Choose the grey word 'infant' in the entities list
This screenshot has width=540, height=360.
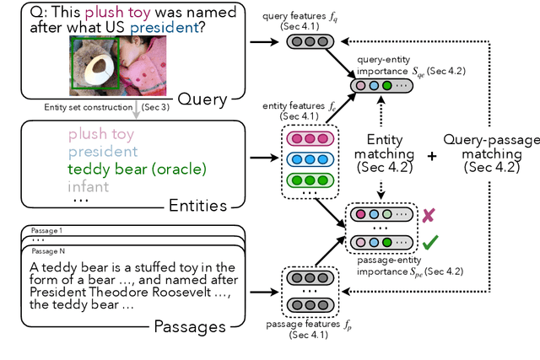pyautogui.click(x=88, y=186)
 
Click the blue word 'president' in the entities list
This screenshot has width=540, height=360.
pyautogui.click(x=103, y=151)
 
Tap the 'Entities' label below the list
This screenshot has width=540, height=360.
pyautogui.click(x=199, y=205)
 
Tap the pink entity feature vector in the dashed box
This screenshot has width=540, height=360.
pyautogui.click(x=309, y=137)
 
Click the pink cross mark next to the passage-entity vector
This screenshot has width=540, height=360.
pyautogui.click(x=428, y=215)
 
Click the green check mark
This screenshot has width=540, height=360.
pyautogui.click(x=429, y=242)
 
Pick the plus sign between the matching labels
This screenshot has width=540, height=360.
pyautogui.click(x=432, y=156)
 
